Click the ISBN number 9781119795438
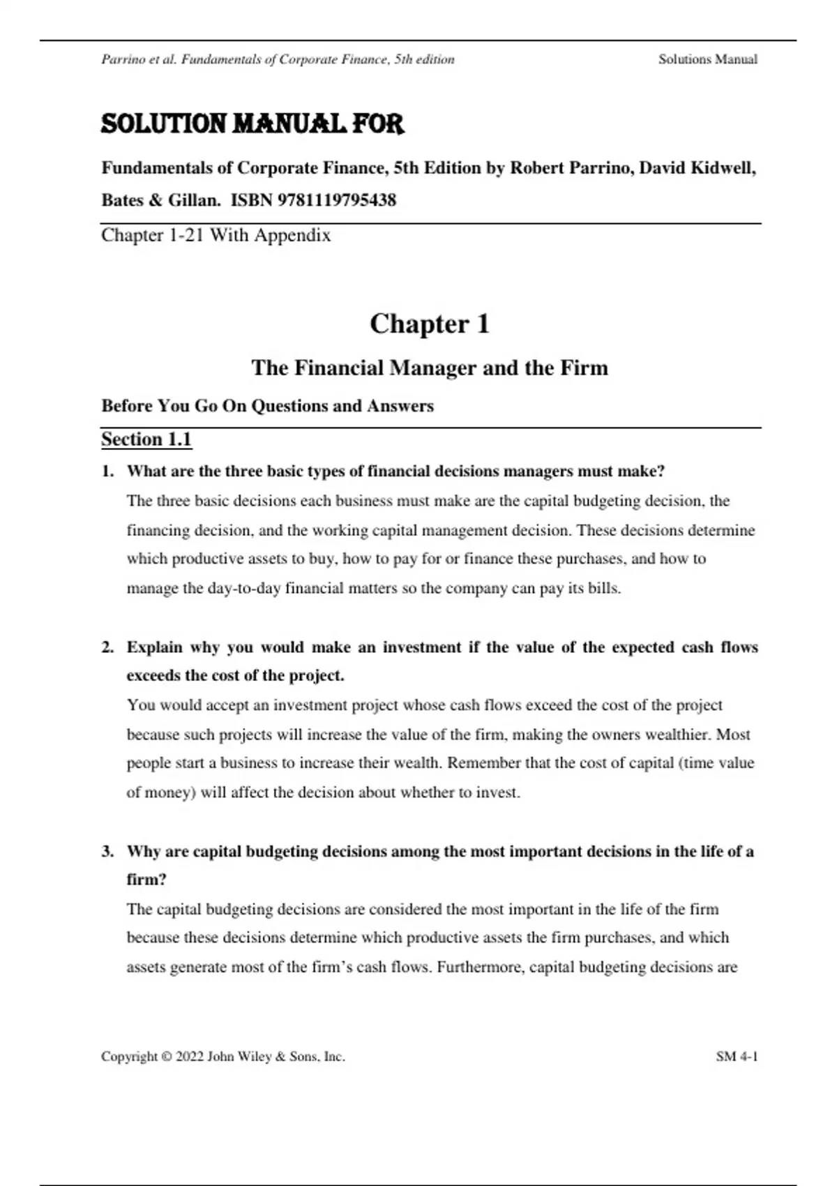point(337,200)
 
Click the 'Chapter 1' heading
point(430,324)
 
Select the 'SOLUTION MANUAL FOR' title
point(252,124)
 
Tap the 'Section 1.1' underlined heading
point(146,440)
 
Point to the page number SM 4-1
point(737,1056)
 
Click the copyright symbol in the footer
point(166,1056)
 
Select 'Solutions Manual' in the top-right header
point(707,59)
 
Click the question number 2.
point(107,647)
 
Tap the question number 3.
point(107,851)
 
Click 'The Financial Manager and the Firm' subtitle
point(430,368)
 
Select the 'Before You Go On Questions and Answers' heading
point(268,406)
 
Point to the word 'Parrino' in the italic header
point(123,59)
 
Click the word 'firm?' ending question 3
point(146,880)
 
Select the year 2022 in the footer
point(190,1056)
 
